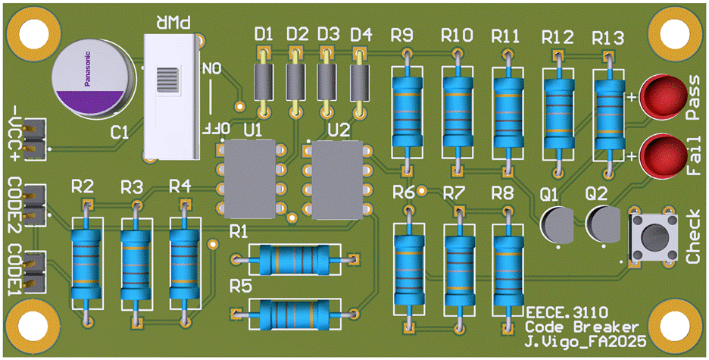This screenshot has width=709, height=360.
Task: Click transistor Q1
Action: coord(559,226)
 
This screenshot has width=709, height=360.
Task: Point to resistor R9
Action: coord(408,110)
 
